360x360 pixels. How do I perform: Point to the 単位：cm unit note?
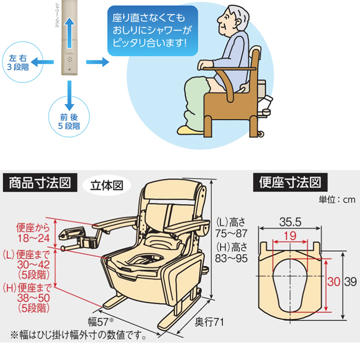tap(336, 199)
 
